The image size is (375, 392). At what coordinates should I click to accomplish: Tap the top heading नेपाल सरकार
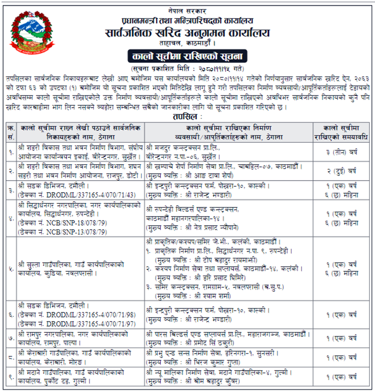[187, 10]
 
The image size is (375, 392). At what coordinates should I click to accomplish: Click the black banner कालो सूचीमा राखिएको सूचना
[187, 55]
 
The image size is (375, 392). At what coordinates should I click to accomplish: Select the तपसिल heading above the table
[188, 115]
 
